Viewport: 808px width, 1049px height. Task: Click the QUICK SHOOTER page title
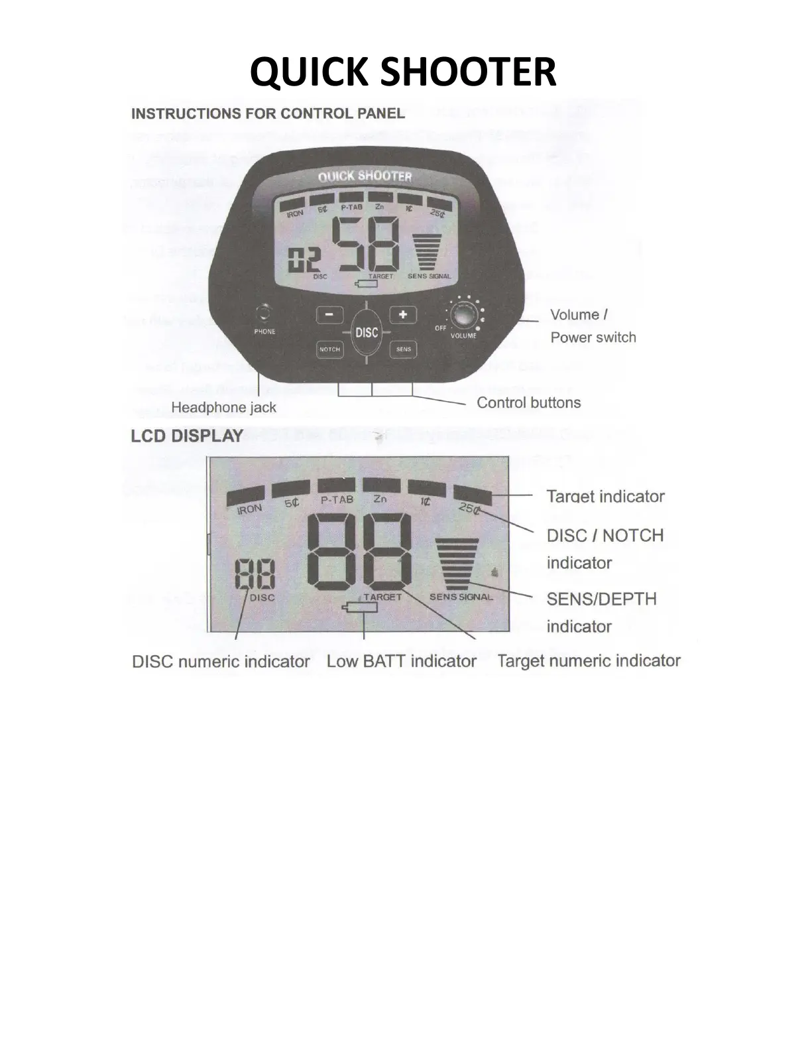tap(403, 72)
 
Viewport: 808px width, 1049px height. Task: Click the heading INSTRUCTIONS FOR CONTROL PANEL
tap(268, 113)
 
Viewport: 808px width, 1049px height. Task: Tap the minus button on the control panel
tap(329, 314)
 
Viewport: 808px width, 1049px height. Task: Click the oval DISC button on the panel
tap(367, 333)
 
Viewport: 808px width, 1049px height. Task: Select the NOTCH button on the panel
tap(329, 349)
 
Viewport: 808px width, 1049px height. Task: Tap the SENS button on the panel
tap(403, 349)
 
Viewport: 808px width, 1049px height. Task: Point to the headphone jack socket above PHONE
tap(264, 312)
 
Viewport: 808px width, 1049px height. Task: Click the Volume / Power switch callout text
tap(593, 326)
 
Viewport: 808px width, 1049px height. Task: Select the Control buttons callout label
tap(528, 402)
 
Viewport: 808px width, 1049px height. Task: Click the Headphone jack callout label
tap(223, 407)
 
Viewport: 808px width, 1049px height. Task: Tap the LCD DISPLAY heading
tap(187, 436)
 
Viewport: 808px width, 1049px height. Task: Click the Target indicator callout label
tap(605, 497)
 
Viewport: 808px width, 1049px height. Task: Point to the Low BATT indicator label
tap(401, 661)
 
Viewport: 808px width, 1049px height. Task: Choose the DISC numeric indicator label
tap(221, 662)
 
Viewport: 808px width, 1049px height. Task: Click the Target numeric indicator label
tap(589, 661)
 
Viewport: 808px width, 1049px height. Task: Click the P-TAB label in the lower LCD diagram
tap(337, 500)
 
